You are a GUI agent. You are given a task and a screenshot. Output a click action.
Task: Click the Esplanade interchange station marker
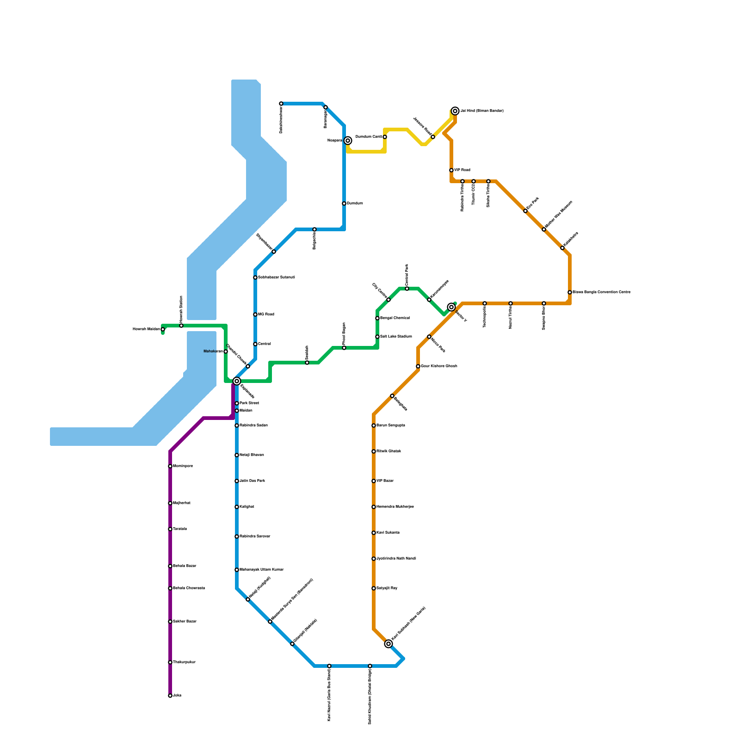coord(237,381)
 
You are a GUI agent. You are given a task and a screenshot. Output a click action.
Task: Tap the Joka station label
coord(177,696)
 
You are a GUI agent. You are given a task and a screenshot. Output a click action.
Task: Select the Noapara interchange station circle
coord(348,141)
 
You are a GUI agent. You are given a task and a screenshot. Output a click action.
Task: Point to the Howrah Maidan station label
coord(146,329)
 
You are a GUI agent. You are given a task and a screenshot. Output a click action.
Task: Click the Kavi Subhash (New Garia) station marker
coord(388,644)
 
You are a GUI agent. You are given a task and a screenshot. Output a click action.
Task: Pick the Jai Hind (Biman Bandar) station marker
coord(455,111)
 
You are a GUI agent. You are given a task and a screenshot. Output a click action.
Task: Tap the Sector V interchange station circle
coord(451,307)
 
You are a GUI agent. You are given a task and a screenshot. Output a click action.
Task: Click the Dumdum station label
coord(355,203)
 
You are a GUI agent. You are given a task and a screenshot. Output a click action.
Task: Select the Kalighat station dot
coord(237,507)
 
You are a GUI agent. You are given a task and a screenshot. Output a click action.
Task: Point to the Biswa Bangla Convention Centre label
coord(601,292)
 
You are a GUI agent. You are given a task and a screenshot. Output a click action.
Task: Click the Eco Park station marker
coord(525,211)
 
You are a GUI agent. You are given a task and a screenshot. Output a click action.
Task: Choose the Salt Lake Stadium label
coord(396,337)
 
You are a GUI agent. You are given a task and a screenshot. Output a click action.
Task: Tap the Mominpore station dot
coord(170,466)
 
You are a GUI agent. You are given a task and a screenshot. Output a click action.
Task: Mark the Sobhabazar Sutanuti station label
coord(276,277)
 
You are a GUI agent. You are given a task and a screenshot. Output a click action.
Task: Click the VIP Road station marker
coord(451,170)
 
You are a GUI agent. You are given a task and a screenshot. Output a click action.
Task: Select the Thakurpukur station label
coord(184,662)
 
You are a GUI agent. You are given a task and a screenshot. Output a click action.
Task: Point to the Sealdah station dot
coord(307,363)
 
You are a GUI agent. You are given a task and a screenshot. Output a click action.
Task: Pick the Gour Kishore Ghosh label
coord(439,366)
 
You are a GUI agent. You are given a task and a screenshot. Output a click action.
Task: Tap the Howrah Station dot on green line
coord(181,326)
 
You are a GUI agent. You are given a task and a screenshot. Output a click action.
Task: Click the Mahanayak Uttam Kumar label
coord(261,570)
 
